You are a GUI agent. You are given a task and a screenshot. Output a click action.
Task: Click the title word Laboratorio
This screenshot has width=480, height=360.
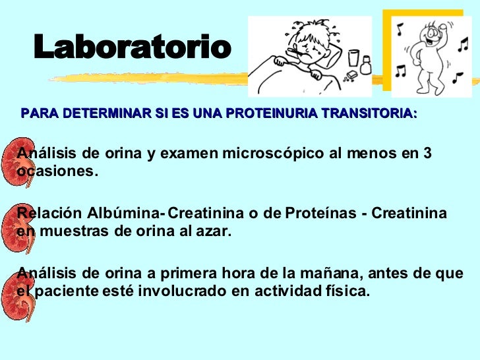(133, 47)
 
